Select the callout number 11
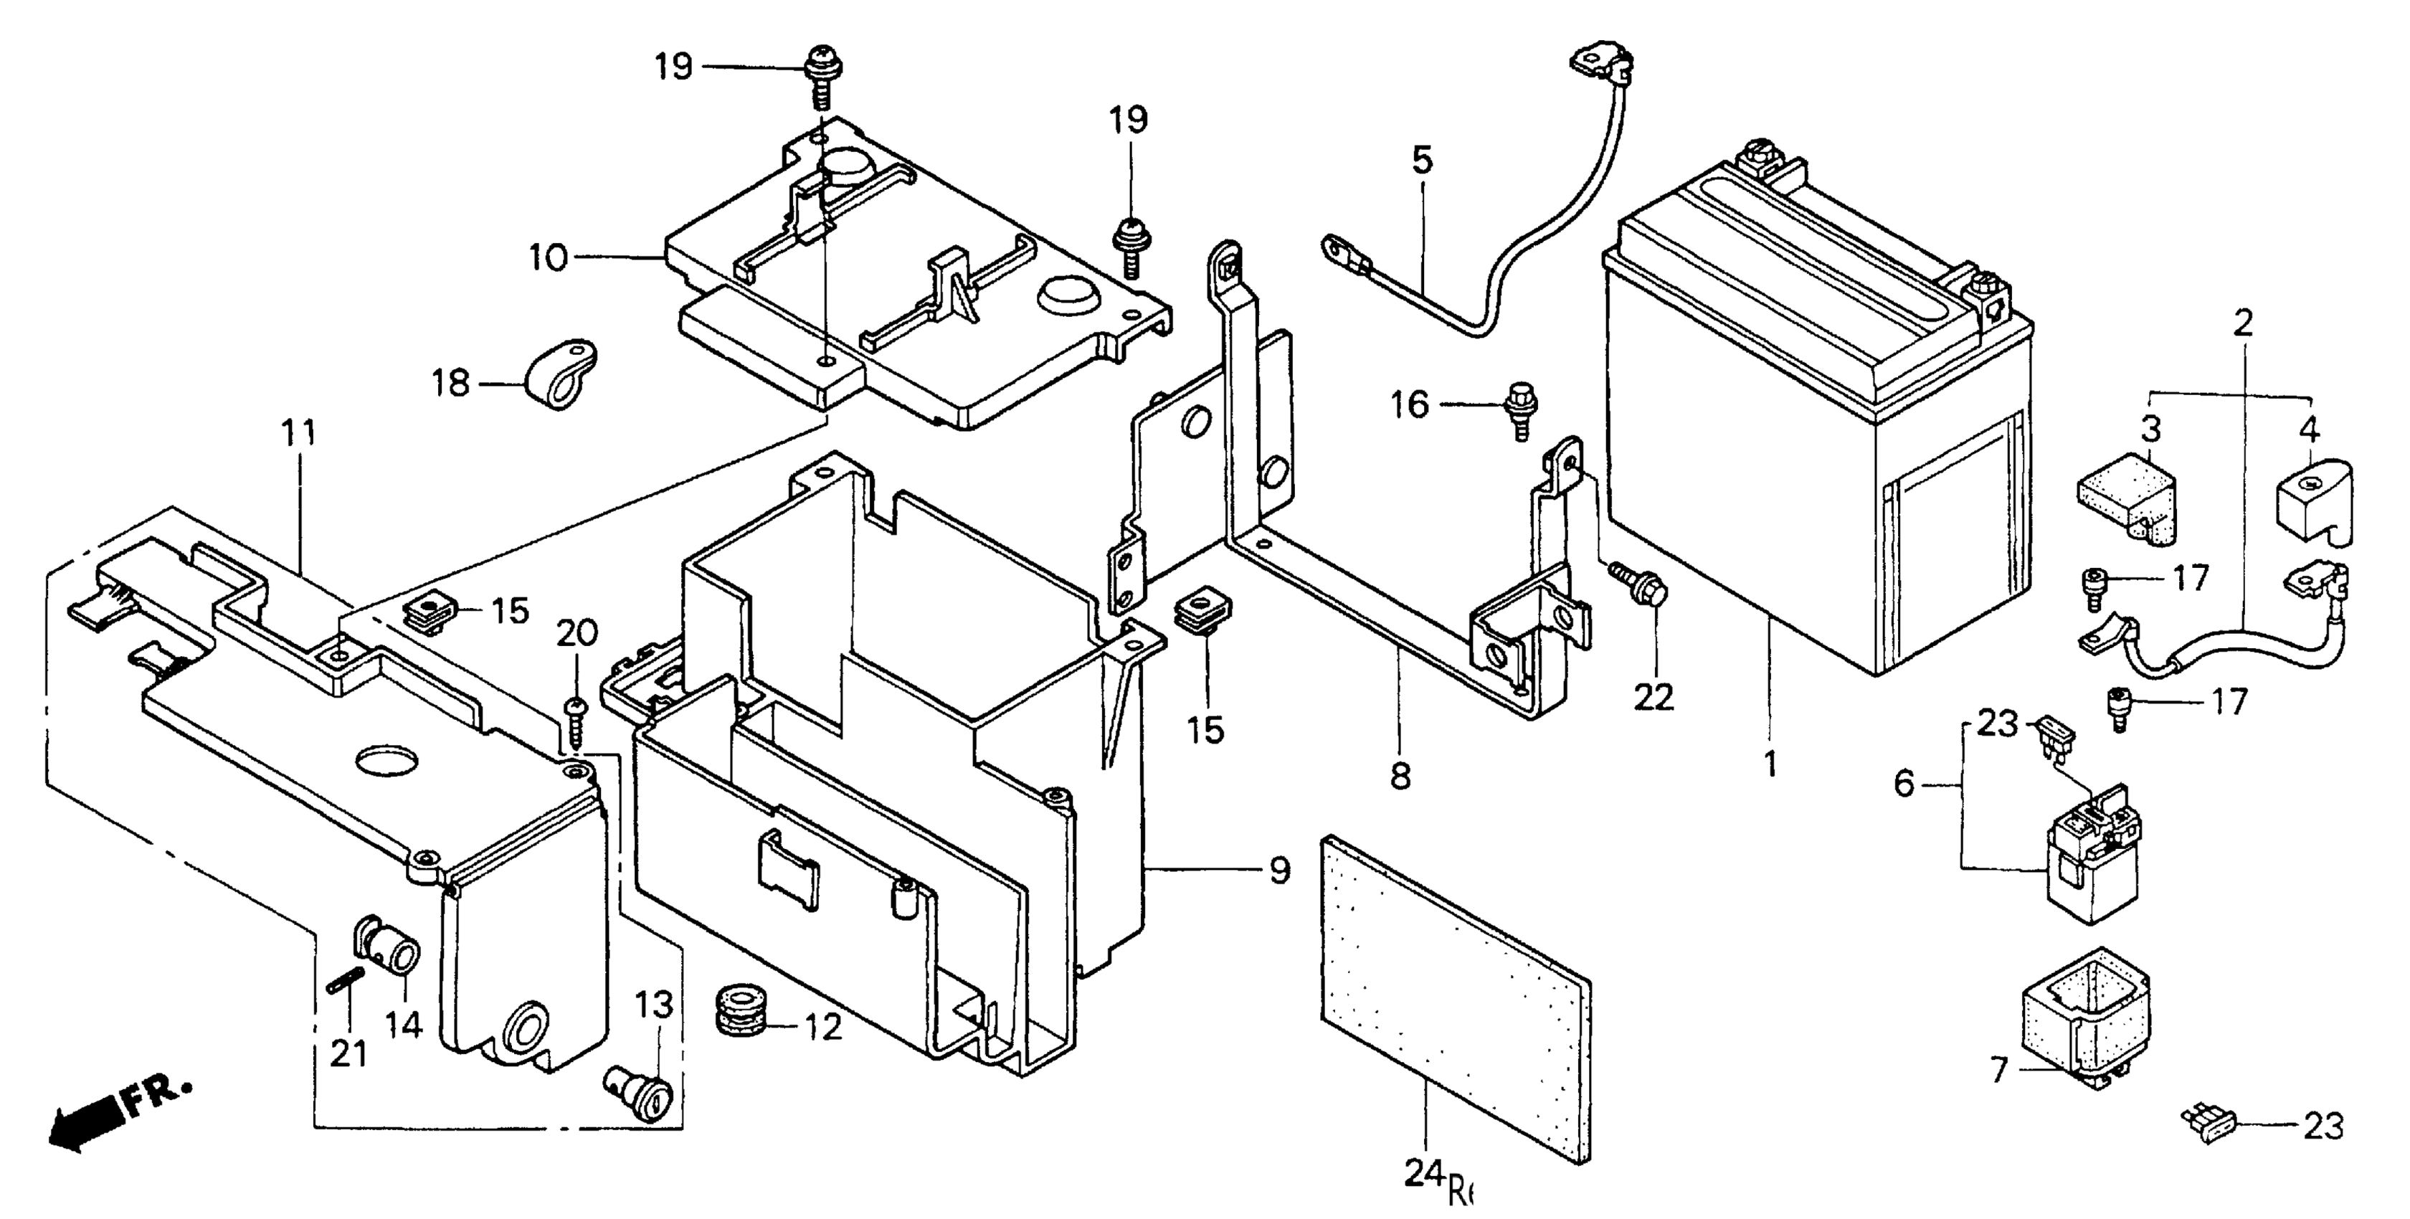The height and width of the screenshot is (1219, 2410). pos(300,433)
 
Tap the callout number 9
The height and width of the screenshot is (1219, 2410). pos(1279,871)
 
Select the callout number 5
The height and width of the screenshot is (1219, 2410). pos(1421,161)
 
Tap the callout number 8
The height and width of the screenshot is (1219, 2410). pos(1400,776)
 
